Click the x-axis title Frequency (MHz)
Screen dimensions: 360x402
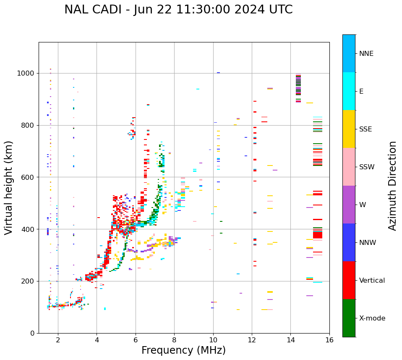(183, 350)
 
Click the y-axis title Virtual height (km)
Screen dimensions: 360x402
(9, 188)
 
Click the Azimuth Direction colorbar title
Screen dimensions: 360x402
(392, 186)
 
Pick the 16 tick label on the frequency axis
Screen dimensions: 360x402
(329, 340)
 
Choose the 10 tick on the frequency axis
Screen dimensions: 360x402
(213, 340)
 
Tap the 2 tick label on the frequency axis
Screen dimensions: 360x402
(58, 340)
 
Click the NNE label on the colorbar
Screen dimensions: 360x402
(366, 54)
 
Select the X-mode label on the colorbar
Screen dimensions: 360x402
(372, 318)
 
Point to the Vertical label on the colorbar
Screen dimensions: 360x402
(372, 281)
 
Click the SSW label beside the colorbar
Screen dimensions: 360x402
(367, 167)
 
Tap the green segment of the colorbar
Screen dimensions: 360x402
(349, 318)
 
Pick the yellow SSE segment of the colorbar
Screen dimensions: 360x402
(349, 129)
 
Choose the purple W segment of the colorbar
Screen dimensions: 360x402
(349, 205)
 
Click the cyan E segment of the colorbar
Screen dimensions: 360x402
(349, 91)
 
